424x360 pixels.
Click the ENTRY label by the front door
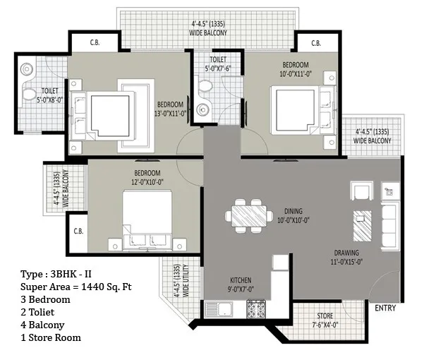click(x=385, y=308)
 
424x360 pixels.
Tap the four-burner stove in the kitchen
click(x=256, y=309)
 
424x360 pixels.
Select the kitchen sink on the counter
click(x=219, y=310)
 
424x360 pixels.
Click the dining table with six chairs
click(x=249, y=216)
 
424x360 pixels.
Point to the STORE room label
click(x=325, y=316)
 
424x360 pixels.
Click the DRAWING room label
click(x=346, y=253)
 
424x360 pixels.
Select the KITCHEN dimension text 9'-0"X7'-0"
click(x=241, y=289)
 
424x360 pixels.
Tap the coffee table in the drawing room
click(x=363, y=226)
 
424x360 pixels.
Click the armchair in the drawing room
click(x=361, y=191)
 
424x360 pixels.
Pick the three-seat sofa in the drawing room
click(x=390, y=226)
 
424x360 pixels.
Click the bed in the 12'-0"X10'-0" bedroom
click(x=147, y=220)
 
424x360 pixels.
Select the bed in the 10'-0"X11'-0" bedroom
click(x=303, y=110)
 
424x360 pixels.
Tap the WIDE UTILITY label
click(x=186, y=281)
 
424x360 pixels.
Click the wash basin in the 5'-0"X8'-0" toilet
click(x=27, y=69)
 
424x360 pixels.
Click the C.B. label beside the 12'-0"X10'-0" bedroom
click(x=78, y=232)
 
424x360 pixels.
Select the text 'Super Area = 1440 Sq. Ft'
click(x=76, y=287)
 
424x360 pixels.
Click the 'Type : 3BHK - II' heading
click(x=56, y=274)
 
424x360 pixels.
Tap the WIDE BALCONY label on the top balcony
click(x=208, y=33)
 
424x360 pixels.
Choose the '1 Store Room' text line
click(x=51, y=337)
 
